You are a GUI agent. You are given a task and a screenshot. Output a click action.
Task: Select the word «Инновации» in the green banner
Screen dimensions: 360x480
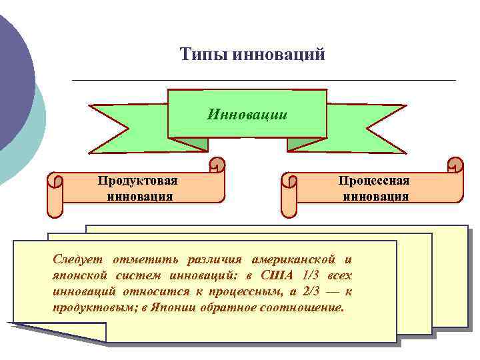click(247, 114)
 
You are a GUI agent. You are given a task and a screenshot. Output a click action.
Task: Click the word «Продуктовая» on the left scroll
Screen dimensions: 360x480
click(138, 181)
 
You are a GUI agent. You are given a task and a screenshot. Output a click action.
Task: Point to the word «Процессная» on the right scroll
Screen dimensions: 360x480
click(374, 181)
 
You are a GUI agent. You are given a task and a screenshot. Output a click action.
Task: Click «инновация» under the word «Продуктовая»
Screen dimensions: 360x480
click(139, 196)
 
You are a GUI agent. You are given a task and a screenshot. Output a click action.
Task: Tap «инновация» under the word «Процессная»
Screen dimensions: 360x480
click(375, 196)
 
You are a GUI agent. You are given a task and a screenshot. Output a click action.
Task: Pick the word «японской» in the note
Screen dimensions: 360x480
click(77, 275)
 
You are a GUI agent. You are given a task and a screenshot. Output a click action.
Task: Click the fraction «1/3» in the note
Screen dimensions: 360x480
click(309, 275)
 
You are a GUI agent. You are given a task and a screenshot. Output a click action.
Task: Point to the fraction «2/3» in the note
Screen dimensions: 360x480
click(310, 292)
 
